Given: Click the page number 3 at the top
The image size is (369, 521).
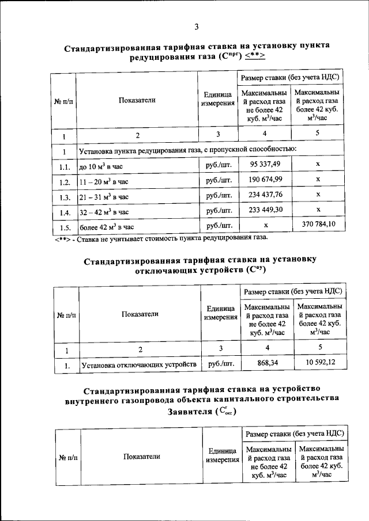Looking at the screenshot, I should point(196,26).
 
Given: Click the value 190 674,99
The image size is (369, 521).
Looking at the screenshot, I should point(265,181).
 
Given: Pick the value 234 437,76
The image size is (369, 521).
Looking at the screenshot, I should point(265,196).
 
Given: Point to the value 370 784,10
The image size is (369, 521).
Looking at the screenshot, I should point(319,225).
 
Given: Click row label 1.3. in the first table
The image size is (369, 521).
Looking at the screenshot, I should point(64,197).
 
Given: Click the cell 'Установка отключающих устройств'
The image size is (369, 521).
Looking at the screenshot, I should point(139,365).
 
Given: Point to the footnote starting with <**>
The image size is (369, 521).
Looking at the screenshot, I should point(158,237).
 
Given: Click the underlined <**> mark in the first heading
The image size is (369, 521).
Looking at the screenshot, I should point(254,56).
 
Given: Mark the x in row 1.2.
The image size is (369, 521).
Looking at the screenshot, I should point(318,181).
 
